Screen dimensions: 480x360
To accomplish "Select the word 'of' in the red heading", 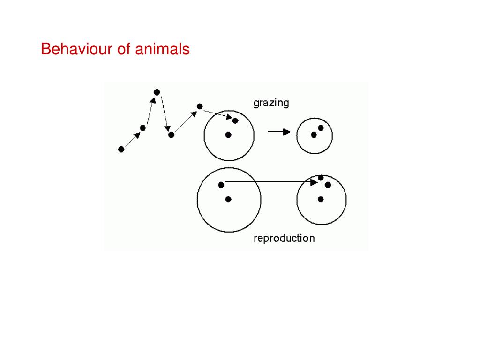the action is tap(123, 49).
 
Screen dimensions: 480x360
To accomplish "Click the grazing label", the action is tap(271, 103).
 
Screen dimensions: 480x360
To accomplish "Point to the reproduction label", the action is tap(284, 238).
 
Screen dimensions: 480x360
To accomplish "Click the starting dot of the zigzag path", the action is tap(121, 149).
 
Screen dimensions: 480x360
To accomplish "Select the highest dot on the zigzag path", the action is tap(157, 92).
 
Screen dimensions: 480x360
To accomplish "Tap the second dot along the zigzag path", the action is tap(143, 128).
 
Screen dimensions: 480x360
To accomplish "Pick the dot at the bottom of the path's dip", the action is tap(171, 135).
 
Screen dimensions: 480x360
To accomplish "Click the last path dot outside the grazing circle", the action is tap(200, 106).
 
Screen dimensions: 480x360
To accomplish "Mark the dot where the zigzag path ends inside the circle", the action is tap(235, 120).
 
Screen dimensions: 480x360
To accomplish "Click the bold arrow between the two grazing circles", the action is tap(279, 132).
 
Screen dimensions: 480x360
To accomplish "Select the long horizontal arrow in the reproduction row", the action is tap(270, 182).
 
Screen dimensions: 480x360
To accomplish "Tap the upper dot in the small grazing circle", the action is tap(321, 128).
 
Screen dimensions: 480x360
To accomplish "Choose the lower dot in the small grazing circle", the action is tap(314, 135).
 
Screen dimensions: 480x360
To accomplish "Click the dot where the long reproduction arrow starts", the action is tap(221, 185).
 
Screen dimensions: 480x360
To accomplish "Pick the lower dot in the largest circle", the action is tap(228, 199).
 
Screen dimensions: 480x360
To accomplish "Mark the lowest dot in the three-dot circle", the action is tap(321, 199).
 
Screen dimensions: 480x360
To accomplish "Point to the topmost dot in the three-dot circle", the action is tap(321, 178).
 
